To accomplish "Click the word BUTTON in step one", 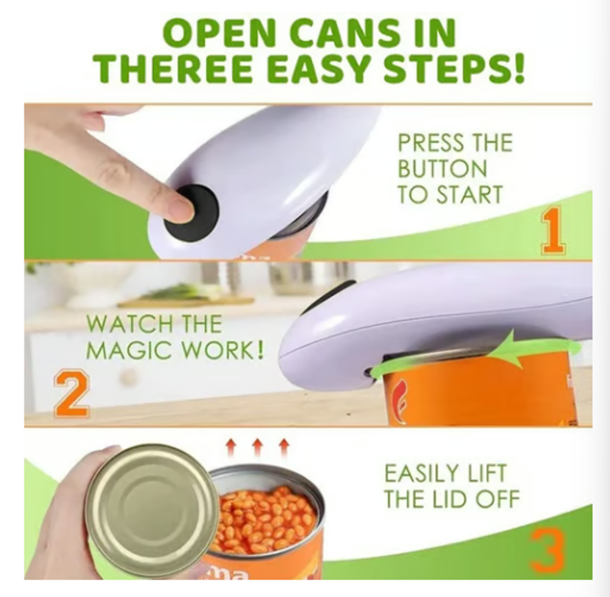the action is (442, 169).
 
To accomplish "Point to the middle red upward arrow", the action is (257, 448).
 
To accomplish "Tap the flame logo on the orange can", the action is (398, 399).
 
